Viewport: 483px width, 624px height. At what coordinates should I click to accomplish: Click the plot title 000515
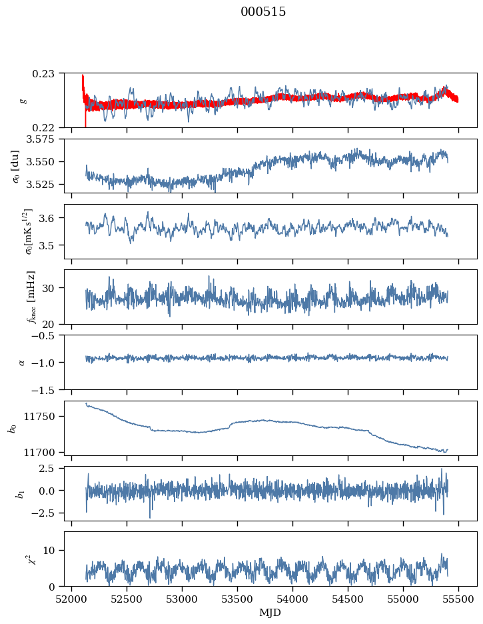click(x=263, y=12)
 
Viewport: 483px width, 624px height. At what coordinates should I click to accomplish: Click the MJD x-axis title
click(x=270, y=613)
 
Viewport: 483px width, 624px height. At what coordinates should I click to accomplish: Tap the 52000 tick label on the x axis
click(x=72, y=599)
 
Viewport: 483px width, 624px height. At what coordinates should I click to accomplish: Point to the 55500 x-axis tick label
click(x=458, y=599)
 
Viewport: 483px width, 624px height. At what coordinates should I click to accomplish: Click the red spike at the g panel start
click(x=83, y=83)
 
